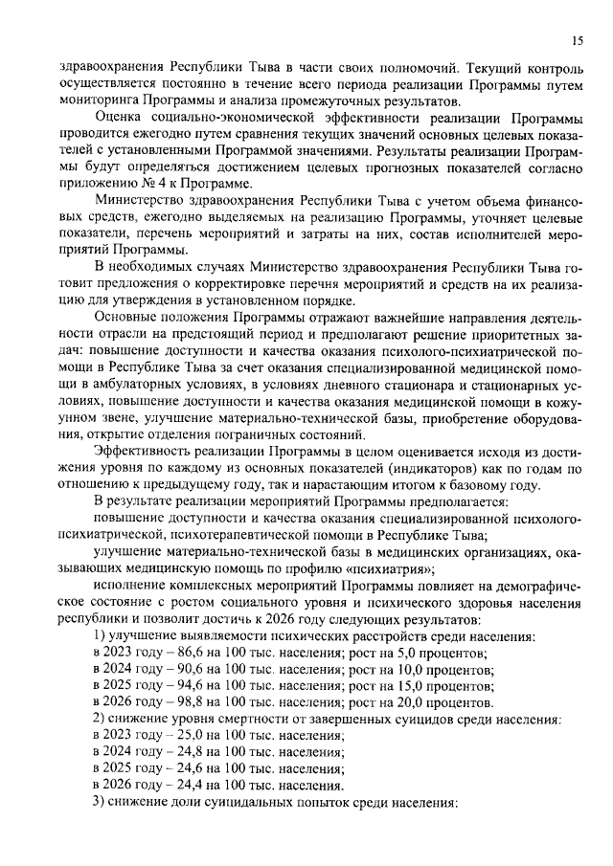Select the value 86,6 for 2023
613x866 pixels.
coord(170,653)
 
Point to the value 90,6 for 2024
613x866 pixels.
coord(170,669)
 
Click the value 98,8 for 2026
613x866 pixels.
coord(170,702)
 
